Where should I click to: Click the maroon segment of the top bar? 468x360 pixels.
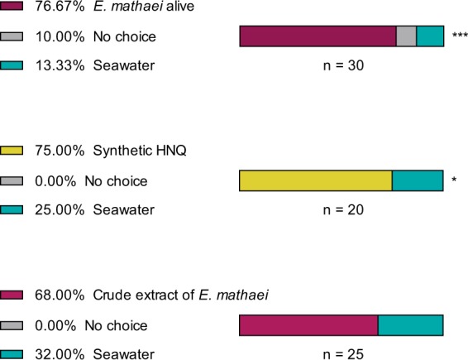(x=318, y=36)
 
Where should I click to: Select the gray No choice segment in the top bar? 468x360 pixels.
(x=406, y=36)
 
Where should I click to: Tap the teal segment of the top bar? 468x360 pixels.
(x=429, y=36)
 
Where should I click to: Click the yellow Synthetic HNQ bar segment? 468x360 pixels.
(x=315, y=180)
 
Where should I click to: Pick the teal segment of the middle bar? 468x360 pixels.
(x=417, y=180)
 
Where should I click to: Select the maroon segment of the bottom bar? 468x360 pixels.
(x=308, y=325)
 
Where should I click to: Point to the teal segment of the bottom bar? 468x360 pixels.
(x=410, y=325)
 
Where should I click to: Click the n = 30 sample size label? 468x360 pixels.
(x=341, y=65)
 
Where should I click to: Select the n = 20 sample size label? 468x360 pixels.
(x=341, y=209)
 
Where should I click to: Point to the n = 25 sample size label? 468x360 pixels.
(x=341, y=353)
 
